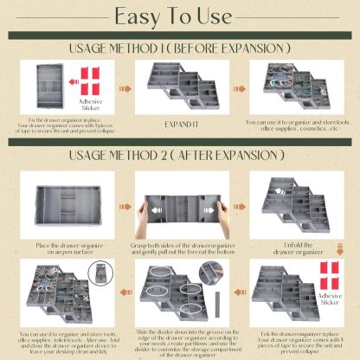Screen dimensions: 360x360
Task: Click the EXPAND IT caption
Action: click(x=179, y=125)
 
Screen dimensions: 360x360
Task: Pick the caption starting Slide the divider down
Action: click(x=179, y=339)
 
